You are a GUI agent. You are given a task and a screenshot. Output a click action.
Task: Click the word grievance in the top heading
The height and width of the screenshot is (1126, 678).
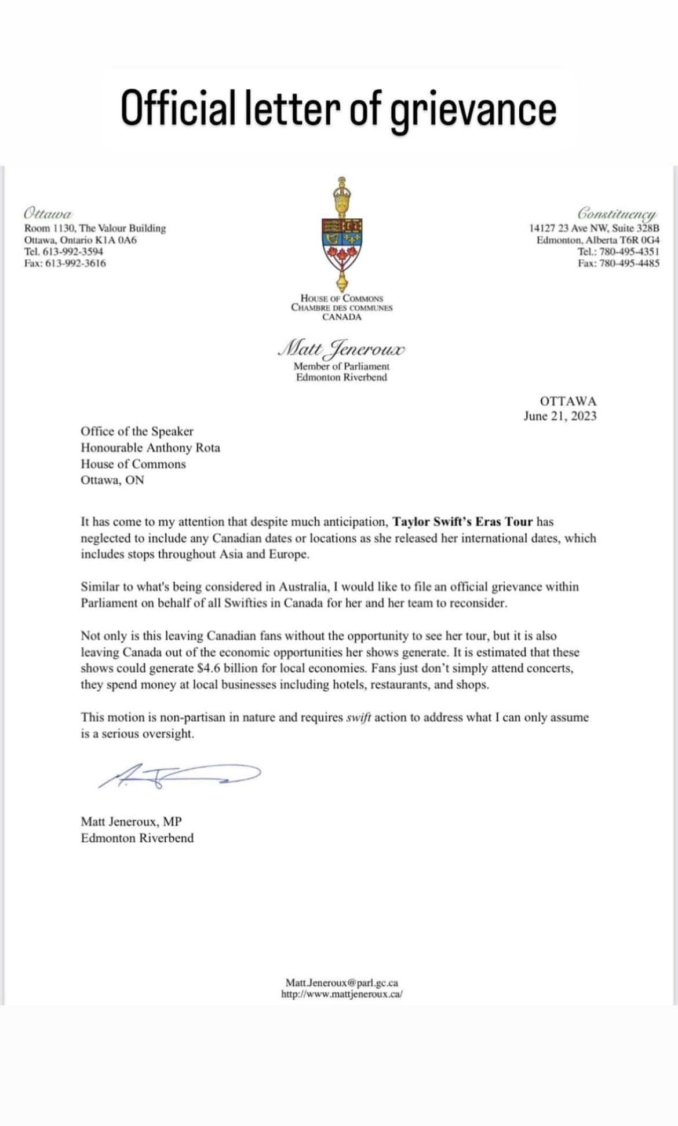(x=473, y=108)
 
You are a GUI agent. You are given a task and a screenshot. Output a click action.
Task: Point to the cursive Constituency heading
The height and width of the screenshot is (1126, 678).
(x=617, y=213)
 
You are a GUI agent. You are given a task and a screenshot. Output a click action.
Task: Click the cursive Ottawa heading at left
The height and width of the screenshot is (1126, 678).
(x=48, y=212)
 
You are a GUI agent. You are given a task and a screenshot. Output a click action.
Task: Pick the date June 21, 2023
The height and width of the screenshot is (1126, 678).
(x=560, y=416)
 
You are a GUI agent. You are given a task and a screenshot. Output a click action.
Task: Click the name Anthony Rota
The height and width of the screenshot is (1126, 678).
(x=183, y=448)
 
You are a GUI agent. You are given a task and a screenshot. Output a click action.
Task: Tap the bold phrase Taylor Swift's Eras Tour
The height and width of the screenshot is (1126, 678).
(x=462, y=522)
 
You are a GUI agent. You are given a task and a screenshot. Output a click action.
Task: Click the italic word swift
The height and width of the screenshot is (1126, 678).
(x=358, y=717)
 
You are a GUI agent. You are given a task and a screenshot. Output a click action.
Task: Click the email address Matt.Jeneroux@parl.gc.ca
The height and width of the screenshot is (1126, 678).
(x=341, y=982)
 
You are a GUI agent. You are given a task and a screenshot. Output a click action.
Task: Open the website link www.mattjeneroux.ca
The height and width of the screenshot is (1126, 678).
(x=341, y=994)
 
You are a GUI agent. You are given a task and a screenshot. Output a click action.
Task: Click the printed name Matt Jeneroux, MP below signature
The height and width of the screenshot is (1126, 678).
(x=131, y=821)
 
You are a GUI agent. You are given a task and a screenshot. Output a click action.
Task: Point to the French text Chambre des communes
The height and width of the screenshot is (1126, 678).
(x=341, y=307)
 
